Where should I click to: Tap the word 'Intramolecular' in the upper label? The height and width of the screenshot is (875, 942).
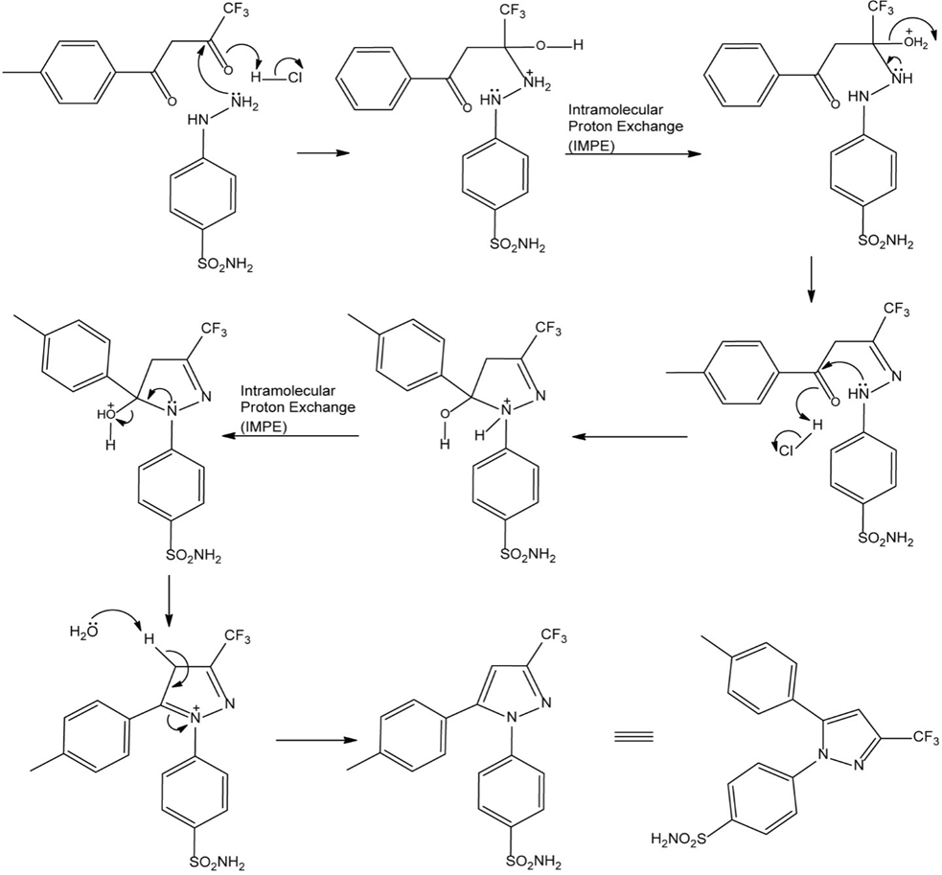pyautogui.click(x=612, y=109)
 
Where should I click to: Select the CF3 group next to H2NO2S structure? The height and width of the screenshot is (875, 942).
pyautogui.click(x=919, y=735)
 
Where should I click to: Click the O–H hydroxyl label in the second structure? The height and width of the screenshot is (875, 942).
pyautogui.click(x=555, y=45)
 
